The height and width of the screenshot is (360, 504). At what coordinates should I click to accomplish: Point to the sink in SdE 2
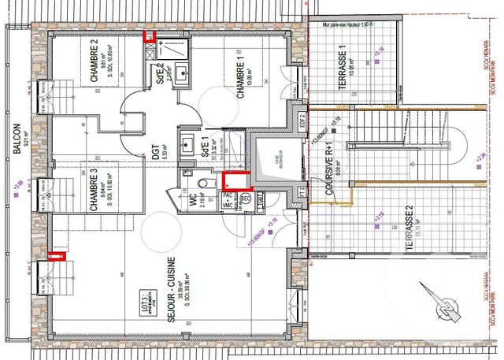(x=182, y=72)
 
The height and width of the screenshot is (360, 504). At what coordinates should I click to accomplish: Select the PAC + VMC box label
(x=227, y=200)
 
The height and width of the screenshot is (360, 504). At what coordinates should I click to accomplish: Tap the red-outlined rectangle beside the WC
(x=235, y=182)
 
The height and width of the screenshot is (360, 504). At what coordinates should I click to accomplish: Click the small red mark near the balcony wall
(x=55, y=254)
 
